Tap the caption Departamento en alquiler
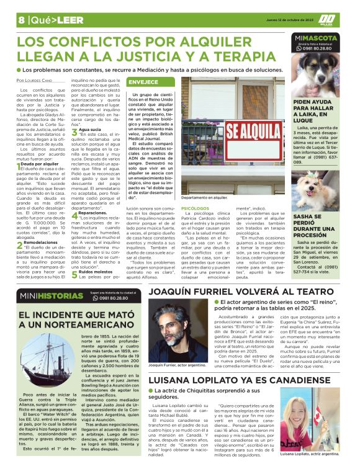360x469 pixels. [204, 197]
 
